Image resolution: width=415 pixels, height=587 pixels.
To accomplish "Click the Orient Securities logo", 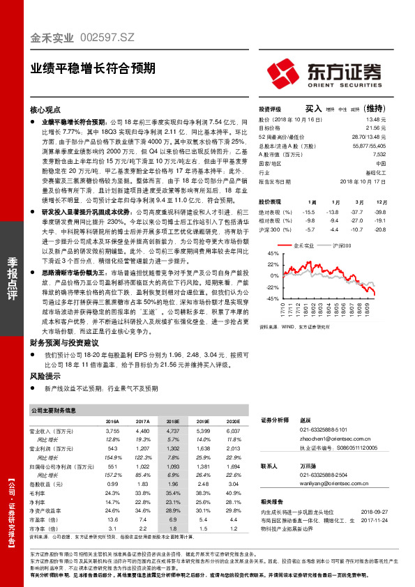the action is pyautogui.click(x=324, y=73).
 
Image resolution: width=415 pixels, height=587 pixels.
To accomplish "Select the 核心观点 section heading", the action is pyautogui.click(x=46, y=110).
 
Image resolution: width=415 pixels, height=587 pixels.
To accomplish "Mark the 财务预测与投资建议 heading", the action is pyautogui.click(x=63, y=343).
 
